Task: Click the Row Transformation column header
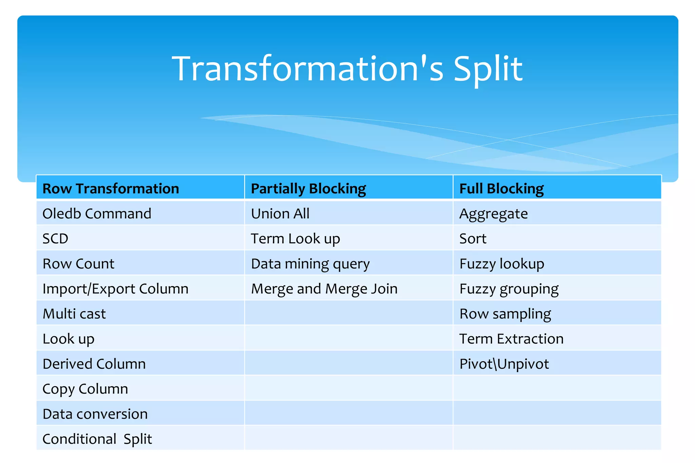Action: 111,188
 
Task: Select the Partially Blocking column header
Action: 308,188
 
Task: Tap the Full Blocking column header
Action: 501,188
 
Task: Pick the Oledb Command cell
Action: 97,214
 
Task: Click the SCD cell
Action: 55,239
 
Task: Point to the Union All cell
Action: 280,214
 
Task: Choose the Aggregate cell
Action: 493,214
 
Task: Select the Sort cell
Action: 473,239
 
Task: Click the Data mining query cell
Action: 310,264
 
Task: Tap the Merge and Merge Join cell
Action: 324,289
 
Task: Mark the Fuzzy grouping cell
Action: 509,289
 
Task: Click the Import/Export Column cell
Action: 115,289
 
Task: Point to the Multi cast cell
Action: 74,314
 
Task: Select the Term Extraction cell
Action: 511,339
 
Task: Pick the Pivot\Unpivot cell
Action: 504,364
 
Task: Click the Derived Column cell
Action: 94,364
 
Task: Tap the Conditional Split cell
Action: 97,439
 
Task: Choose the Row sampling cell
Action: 505,314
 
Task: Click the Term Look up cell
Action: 295,239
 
